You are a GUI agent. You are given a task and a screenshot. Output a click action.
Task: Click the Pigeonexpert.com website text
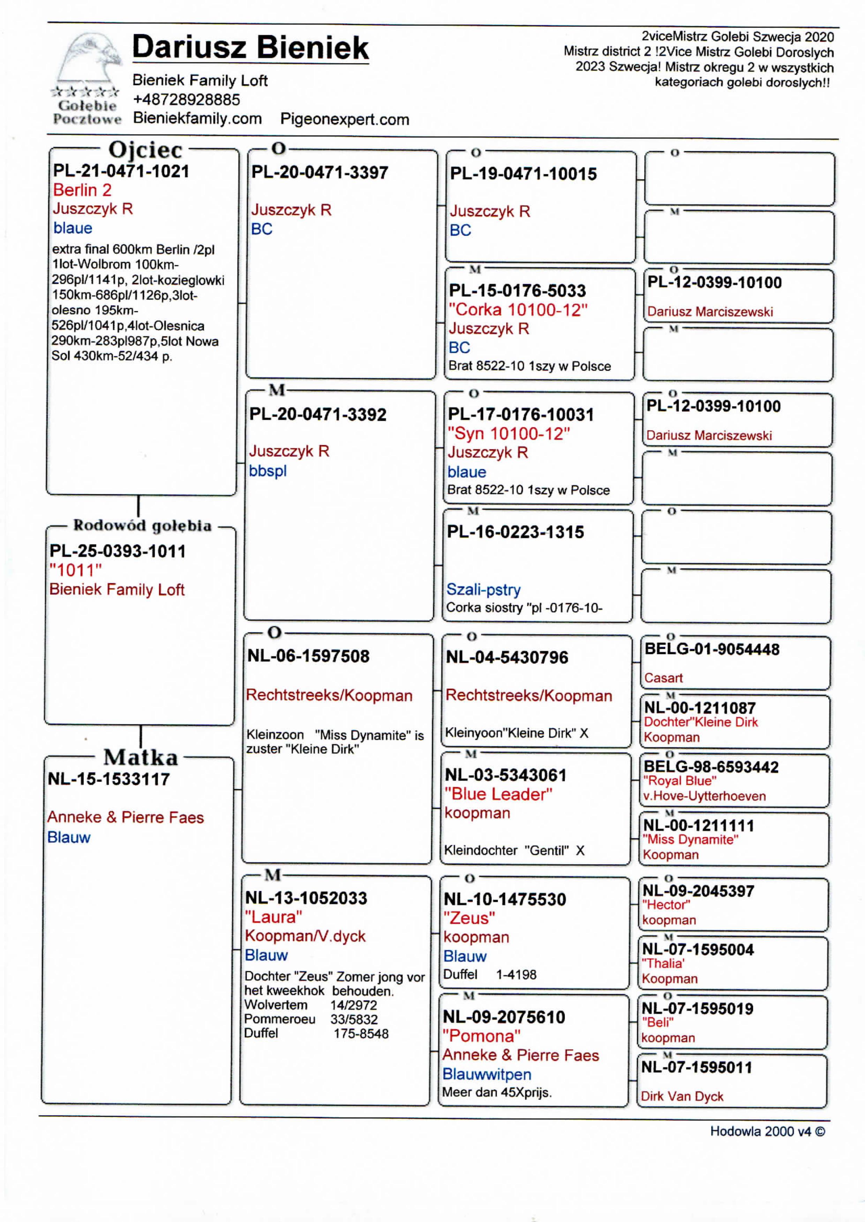click(x=345, y=119)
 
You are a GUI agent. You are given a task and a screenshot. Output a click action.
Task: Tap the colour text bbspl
click(x=268, y=471)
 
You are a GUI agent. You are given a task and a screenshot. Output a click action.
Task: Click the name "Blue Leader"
click(x=498, y=794)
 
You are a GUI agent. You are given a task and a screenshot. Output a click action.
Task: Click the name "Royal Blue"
click(x=680, y=781)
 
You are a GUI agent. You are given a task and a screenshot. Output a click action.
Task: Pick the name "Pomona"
click(x=481, y=1035)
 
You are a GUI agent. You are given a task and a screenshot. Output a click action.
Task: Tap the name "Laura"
click(x=273, y=917)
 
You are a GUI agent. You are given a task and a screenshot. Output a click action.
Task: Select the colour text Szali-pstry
click(x=483, y=590)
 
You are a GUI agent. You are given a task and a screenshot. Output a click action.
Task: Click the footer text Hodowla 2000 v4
click(x=767, y=1131)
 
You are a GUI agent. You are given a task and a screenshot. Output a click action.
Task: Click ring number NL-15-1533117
click(x=109, y=779)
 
